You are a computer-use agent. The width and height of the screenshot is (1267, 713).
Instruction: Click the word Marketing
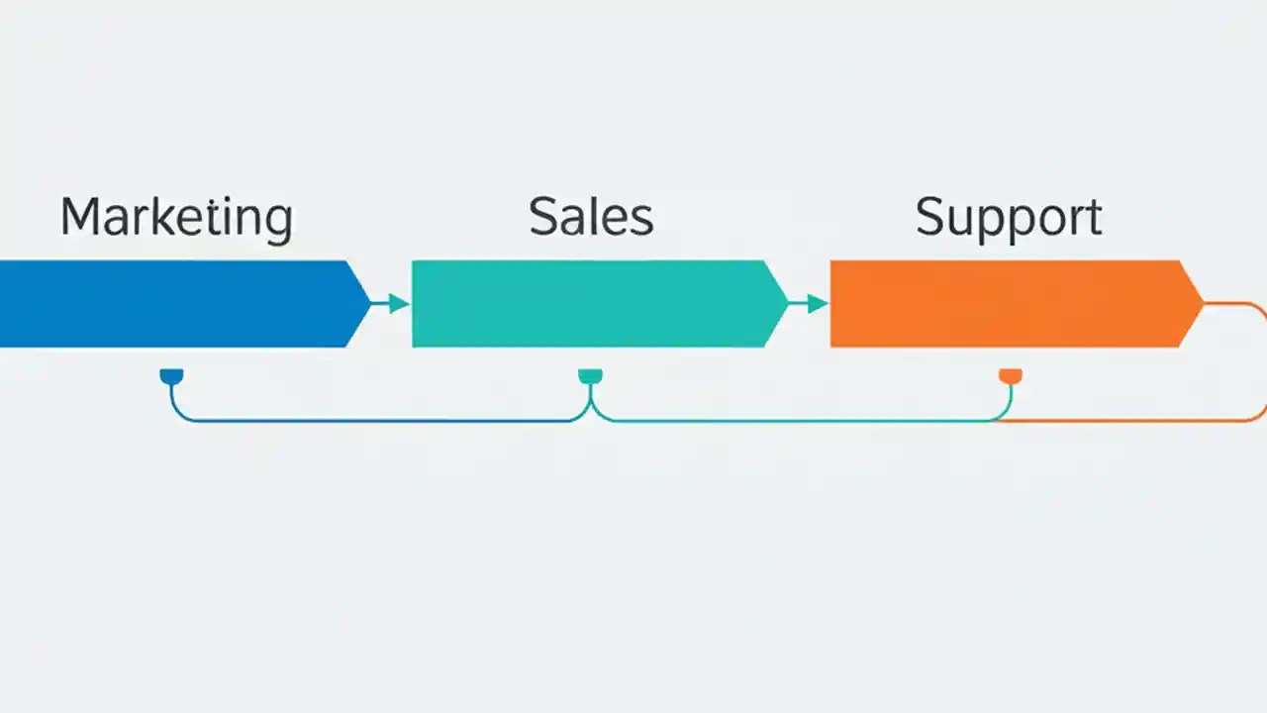[x=176, y=218]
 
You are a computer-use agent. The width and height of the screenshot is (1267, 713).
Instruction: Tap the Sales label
[x=591, y=217]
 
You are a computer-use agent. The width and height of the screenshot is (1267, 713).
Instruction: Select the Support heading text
[x=1008, y=218]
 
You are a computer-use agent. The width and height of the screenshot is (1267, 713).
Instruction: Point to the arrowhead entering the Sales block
[x=399, y=304]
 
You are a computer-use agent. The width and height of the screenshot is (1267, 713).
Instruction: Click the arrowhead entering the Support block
[x=818, y=304]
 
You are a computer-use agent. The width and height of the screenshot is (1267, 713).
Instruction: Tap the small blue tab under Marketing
[x=171, y=376]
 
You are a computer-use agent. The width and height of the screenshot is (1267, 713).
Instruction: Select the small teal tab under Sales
[x=590, y=376]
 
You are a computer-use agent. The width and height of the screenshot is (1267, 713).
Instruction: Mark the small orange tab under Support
[x=1010, y=376]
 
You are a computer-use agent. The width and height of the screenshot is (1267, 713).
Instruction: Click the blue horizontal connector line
[x=376, y=421]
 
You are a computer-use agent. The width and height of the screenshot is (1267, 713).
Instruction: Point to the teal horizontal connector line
[x=792, y=421]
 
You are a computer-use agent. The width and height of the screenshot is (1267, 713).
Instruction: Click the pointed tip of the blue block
[x=366, y=304]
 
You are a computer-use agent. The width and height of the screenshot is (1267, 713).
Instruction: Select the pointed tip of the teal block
[x=784, y=304]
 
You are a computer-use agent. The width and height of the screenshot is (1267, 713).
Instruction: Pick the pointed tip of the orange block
[x=1200, y=304]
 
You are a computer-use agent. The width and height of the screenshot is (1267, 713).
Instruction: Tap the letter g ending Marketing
[x=278, y=224]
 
